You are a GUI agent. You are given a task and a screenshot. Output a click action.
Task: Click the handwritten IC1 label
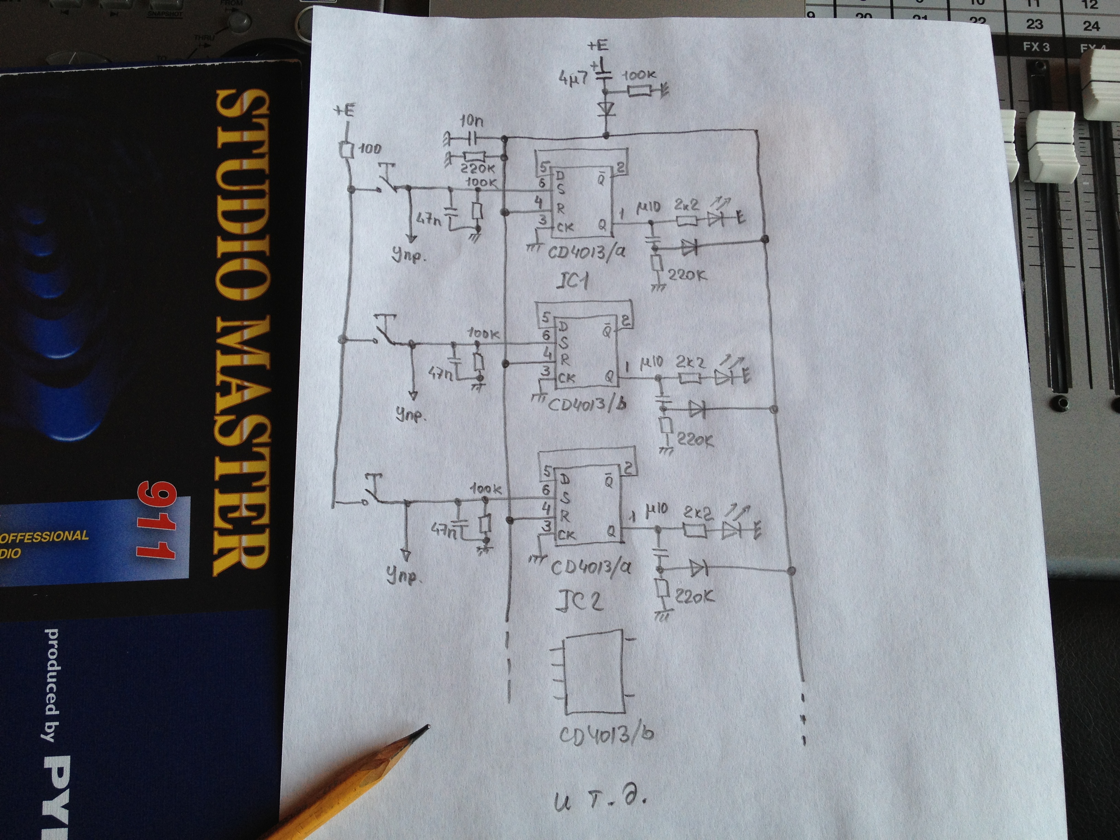(x=572, y=280)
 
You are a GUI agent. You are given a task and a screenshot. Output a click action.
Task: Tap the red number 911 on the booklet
(x=156, y=522)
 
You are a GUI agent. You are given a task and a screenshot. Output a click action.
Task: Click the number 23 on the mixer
(x=1035, y=24)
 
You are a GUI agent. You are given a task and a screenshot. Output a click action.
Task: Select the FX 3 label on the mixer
(x=1036, y=47)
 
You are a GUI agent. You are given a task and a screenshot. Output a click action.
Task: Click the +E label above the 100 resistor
(x=344, y=111)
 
